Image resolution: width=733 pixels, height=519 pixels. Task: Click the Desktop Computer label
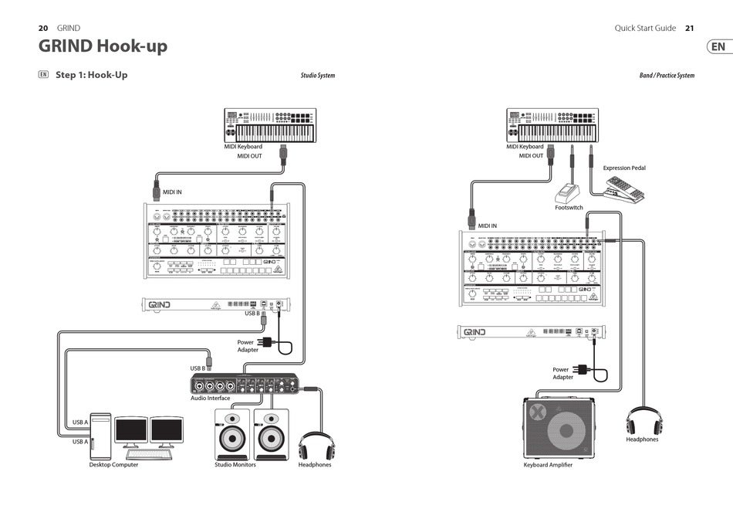(113, 465)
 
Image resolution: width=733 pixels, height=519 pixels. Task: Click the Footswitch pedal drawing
(569, 192)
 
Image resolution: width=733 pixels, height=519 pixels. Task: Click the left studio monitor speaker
(230, 435)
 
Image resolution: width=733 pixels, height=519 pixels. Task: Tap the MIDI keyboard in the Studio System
(270, 125)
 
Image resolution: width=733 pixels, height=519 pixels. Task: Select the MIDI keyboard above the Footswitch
(552, 125)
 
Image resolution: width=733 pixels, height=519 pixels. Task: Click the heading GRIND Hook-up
(103, 46)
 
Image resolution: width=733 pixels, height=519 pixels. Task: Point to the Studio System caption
(317, 76)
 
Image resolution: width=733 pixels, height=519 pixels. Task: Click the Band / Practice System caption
(667, 76)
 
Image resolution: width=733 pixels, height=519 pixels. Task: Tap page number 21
(689, 28)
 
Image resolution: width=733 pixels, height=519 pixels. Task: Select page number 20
(44, 28)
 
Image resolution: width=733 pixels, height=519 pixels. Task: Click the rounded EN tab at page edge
(718, 46)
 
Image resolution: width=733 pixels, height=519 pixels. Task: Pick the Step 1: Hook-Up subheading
(91, 75)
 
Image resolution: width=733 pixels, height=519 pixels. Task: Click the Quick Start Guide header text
(645, 28)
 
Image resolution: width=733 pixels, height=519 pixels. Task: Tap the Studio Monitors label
(235, 465)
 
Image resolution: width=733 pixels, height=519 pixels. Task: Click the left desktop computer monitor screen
(130, 430)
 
